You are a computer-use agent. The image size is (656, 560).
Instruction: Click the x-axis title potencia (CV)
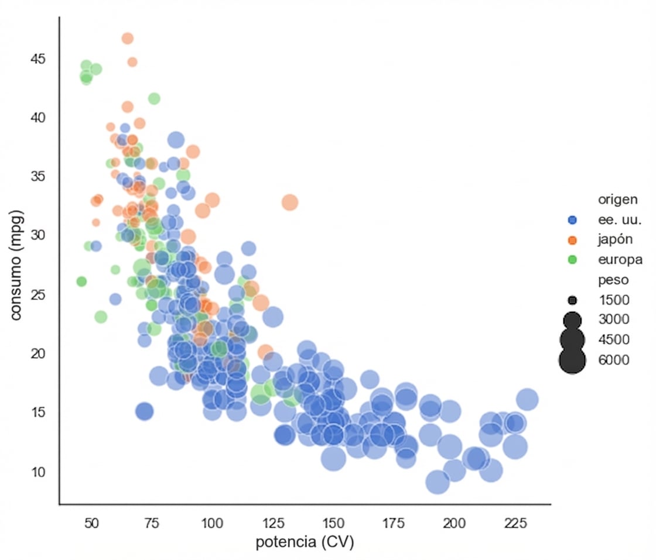pyautogui.click(x=305, y=542)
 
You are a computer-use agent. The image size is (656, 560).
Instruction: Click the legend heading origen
pyautogui.click(x=617, y=200)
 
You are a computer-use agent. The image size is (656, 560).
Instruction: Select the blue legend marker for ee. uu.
pyautogui.click(x=573, y=220)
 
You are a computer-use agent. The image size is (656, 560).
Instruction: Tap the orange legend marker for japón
pyautogui.click(x=573, y=240)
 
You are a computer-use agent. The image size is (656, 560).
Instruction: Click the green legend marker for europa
pyautogui.click(x=573, y=259)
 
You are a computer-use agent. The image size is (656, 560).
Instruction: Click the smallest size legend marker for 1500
pyautogui.click(x=573, y=300)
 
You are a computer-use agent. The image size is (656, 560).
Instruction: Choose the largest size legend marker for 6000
pyautogui.click(x=573, y=360)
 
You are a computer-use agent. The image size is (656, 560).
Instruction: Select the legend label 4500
pyautogui.click(x=613, y=340)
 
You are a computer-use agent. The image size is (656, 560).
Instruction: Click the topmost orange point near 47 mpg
pyautogui.click(x=128, y=39)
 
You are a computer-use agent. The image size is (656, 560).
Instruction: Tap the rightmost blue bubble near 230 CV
pyautogui.click(x=527, y=400)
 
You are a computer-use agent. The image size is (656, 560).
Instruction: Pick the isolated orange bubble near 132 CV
pyautogui.click(x=290, y=202)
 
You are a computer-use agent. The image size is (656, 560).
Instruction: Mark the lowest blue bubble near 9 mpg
pyautogui.click(x=437, y=482)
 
